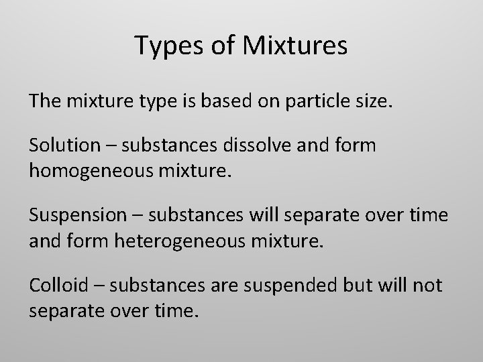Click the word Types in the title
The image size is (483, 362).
164,46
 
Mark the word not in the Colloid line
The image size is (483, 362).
427,286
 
